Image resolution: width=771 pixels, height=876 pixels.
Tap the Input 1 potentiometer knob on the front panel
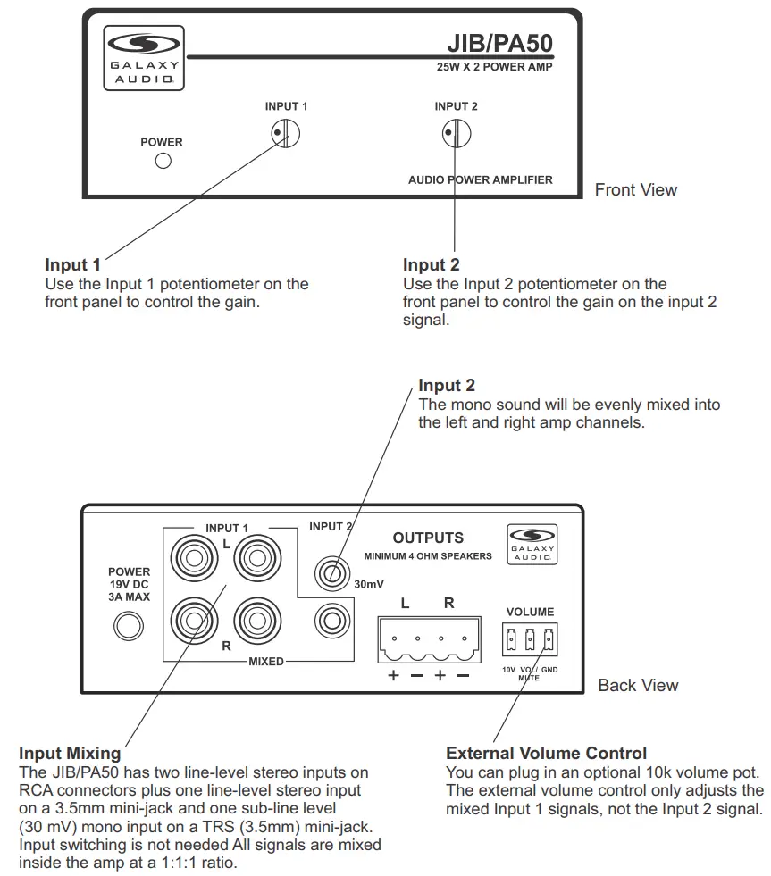click(286, 134)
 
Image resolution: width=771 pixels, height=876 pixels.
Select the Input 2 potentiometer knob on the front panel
click(457, 134)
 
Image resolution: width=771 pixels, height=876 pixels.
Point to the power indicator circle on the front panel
click(163, 162)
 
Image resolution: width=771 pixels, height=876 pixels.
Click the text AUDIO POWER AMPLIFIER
click(480, 179)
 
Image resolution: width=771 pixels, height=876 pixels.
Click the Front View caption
click(636, 189)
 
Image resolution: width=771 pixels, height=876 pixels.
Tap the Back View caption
click(638, 685)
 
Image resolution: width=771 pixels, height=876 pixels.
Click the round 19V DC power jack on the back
click(129, 627)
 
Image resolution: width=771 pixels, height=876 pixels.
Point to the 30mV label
click(368, 585)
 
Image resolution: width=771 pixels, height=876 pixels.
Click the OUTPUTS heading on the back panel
click(428, 538)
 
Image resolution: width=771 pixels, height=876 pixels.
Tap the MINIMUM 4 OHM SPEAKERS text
click(428, 556)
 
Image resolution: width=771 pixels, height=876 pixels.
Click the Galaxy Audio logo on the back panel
click(532, 545)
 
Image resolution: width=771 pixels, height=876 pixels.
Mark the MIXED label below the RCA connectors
click(265, 662)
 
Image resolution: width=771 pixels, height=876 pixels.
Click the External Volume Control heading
click(546, 753)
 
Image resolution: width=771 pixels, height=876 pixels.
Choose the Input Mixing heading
click(71, 753)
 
